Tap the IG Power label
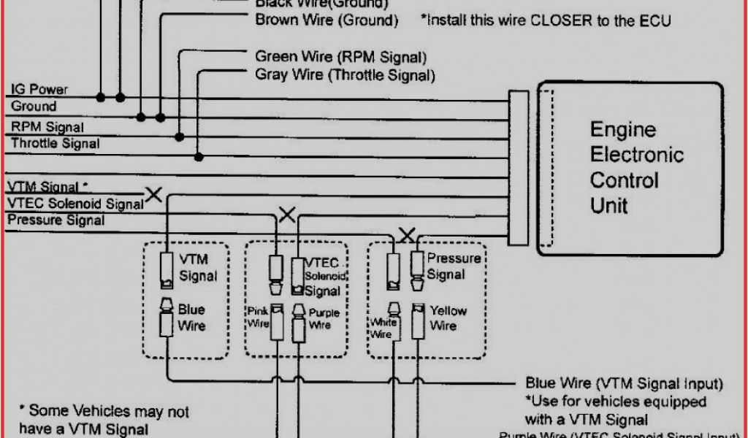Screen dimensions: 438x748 [39, 90]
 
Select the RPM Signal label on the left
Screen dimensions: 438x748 [47, 127]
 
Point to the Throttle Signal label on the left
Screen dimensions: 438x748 [55, 144]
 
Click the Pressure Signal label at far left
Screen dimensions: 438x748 [56, 220]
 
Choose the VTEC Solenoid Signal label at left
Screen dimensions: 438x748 [75, 204]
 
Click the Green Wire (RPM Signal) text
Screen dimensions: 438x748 [340, 57]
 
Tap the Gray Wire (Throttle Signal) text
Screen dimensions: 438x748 [345, 75]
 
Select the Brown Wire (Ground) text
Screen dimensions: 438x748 [327, 20]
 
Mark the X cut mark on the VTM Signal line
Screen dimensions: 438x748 [153, 194]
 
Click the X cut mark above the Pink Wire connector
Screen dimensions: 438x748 [287, 215]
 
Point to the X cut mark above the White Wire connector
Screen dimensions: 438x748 [407, 235]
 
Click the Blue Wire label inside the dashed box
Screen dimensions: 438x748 [191, 318]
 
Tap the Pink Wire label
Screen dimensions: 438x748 [259, 317]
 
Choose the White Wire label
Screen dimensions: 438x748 [382, 328]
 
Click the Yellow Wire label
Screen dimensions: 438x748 [448, 318]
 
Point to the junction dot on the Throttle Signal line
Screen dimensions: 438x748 [198, 155]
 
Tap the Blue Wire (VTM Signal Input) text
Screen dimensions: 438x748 [624, 383]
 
